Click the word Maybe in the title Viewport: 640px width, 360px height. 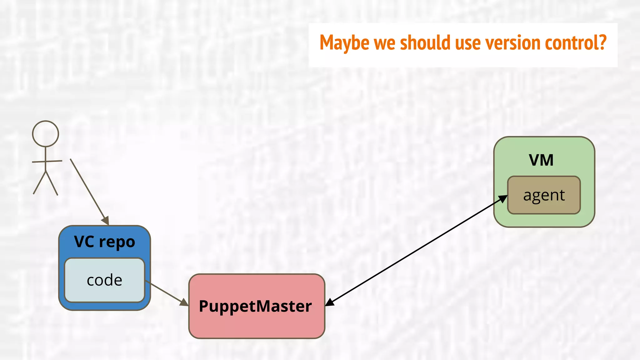pyautogui.click(x=344, y=43)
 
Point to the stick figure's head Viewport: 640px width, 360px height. pyautogui.click(x=46, y=134)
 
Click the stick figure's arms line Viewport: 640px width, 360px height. pyautogui.click(x=47, y=161)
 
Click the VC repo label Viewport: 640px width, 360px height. pyautogui.click(x=104, y=242)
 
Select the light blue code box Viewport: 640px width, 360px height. pyautogui.click(x=104, y=280)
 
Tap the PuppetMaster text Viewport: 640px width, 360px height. pyautogui.click(x=255, y=306)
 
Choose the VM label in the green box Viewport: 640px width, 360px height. pyautogui.click(x=541, y=160)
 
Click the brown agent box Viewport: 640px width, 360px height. pyautogui.click(x=544, y=195)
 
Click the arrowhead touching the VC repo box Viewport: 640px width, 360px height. pyautogui.click(x=106, y=220)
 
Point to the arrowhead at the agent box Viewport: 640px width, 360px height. pyautogui.click(x=503, y=198)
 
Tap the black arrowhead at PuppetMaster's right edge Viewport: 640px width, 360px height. pyautogui.click(x=330, y=302)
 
